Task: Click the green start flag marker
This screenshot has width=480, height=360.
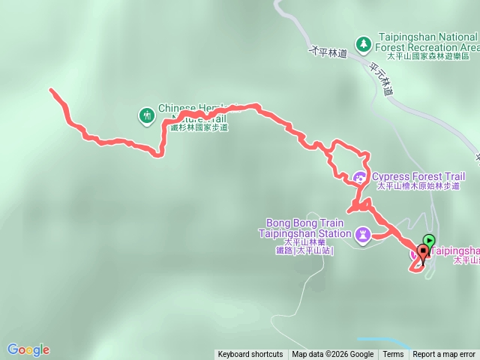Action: point(429,241)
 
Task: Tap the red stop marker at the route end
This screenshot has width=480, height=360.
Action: point(424,252)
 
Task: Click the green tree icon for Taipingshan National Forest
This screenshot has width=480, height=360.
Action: point(363,44)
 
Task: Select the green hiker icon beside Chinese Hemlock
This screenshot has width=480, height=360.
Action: point(146,115)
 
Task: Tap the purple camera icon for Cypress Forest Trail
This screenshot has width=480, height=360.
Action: point(360,177)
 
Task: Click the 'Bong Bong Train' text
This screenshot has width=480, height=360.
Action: point(304,223)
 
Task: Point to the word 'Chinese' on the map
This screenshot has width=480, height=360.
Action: point(176,108)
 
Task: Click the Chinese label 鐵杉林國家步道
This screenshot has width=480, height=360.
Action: point(199,127)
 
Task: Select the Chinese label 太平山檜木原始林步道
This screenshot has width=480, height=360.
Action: point(420,186)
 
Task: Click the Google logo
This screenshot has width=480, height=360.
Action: point(28,349)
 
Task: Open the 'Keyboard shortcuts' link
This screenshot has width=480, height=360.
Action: point(250,355)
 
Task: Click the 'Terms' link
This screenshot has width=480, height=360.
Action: point(393,355)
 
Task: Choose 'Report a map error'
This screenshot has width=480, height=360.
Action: point(444,355)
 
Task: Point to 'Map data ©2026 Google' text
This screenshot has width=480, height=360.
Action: point(333,355)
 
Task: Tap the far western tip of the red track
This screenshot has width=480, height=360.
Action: point(51,90)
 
